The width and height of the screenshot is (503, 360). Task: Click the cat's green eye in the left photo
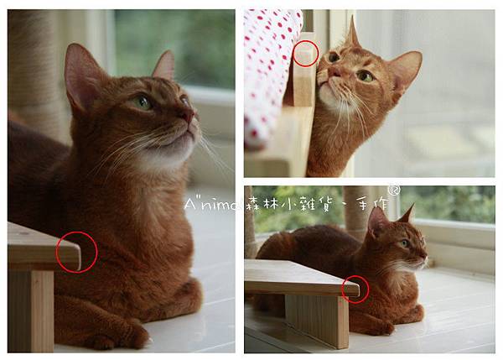[143, 102]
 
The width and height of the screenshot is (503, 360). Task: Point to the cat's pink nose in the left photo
[190, 116]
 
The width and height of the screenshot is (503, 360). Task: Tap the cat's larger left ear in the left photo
[81, 77]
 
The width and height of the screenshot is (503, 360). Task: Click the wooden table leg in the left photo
[31, 310]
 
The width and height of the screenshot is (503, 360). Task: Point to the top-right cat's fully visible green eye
[366, 76]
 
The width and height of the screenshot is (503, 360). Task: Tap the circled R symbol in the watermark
[394, 190]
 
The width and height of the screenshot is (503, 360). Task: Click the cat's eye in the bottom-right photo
[406, 243]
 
